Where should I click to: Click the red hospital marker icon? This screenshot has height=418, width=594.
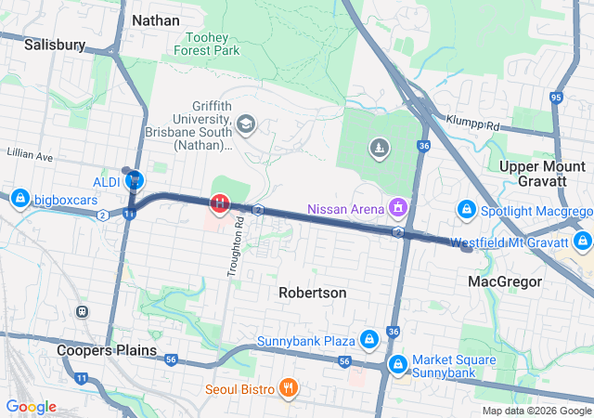(220, 202)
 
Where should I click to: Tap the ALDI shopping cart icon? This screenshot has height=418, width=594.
(135, 180)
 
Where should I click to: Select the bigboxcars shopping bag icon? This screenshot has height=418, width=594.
(19, 198)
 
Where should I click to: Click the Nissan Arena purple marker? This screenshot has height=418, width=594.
(398, 206)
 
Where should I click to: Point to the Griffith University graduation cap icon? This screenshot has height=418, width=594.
(246, 124)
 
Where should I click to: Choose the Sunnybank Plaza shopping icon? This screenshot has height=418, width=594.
(369, 339)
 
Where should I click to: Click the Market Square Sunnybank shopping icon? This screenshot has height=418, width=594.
(398, 363)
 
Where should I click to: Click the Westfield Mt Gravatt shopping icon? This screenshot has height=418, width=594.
(583, 242)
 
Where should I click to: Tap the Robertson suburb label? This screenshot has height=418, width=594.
(313, 293)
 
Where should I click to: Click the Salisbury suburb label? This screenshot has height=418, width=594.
(55, 44)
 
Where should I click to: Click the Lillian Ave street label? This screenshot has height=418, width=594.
(28, 150)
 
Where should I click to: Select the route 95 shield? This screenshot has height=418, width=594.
(556, 97)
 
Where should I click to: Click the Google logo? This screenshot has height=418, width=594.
(32, 407)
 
